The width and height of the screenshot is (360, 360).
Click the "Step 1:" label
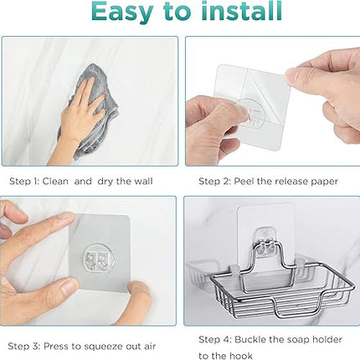(24, 182)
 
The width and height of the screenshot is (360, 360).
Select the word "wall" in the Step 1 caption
(142, 181)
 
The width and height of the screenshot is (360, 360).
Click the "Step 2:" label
(214, 182)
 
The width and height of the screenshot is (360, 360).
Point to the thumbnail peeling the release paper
(291, 75)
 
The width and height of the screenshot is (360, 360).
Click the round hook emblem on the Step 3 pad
(100, 258)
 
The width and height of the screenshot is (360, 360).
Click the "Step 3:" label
(23, 347)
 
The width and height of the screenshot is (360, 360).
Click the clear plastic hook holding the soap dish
(266, 242)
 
